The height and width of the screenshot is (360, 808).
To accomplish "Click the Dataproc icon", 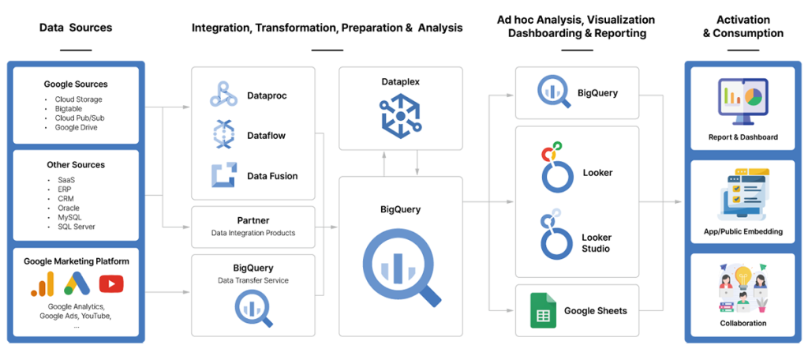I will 223,95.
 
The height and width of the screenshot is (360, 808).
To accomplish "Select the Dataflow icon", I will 223,135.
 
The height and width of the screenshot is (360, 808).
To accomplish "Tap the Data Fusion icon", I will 223,175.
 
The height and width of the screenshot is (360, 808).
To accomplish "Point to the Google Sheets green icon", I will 542,310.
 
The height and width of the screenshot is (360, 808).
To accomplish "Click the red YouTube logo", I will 111,283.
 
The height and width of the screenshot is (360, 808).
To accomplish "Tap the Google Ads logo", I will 77,283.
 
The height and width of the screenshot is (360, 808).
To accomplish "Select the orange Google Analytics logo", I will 42,283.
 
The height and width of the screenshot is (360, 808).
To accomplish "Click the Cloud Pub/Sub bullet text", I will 80,118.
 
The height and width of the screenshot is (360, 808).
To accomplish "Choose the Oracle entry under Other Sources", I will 69,208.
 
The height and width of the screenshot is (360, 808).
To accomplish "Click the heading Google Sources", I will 76,84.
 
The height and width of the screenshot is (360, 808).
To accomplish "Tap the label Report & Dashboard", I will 743,137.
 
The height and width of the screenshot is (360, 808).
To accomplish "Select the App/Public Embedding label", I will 743,231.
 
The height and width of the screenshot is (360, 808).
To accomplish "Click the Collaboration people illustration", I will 743,288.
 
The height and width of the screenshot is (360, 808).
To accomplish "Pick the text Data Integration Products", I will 253,233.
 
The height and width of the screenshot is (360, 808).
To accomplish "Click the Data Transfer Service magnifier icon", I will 253,309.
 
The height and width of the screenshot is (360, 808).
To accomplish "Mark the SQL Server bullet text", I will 77,227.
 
